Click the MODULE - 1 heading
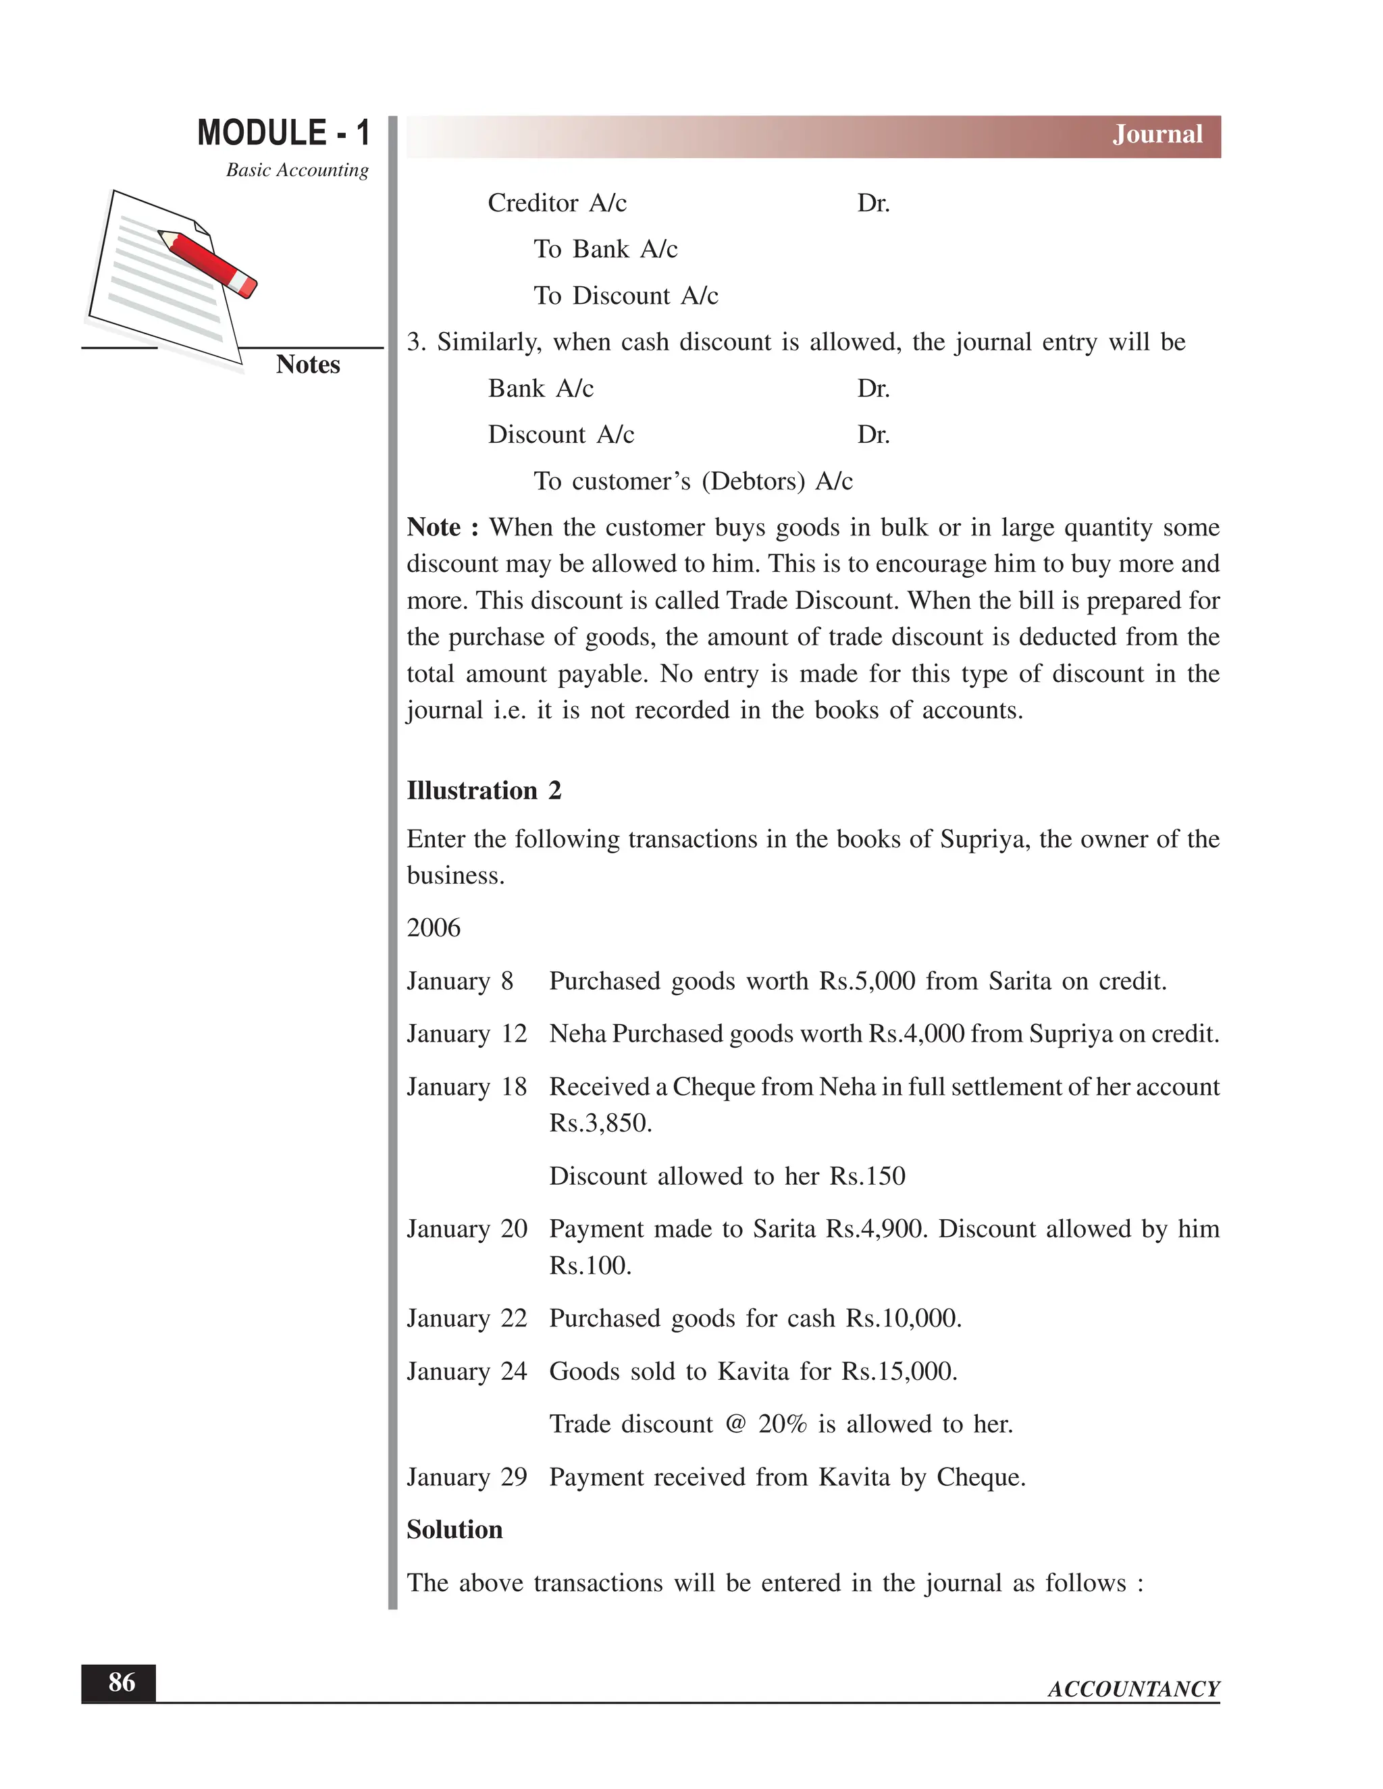(284, 133)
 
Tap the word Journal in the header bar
(1156, 134)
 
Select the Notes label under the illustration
(307, 365)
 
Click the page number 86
(122, 1682)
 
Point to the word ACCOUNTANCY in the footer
(1133, 1688)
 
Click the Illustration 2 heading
(484, 791)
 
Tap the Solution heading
(454, 1529)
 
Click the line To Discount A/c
(625, 296)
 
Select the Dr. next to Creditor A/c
(872, 203)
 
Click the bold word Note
(434, 527)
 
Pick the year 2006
(434, 928)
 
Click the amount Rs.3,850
(600, 1123)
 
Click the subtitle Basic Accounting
(296, 170)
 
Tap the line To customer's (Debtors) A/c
(692, 481)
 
